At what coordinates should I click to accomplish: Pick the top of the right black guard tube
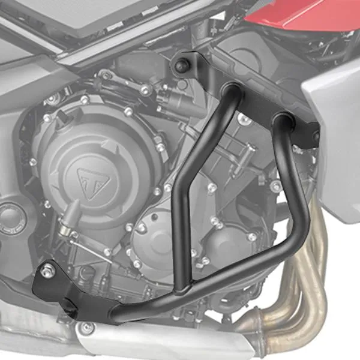[x=281, y=123]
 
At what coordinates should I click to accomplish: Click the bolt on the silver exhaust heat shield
[x=88, y=328]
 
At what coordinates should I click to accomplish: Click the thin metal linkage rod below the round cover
[x=84, y=240]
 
